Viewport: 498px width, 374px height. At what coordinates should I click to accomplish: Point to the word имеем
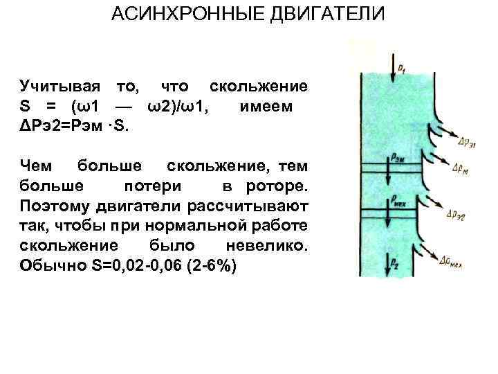[266, 107]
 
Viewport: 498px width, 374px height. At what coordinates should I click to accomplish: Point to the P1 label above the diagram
[403, 66]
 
